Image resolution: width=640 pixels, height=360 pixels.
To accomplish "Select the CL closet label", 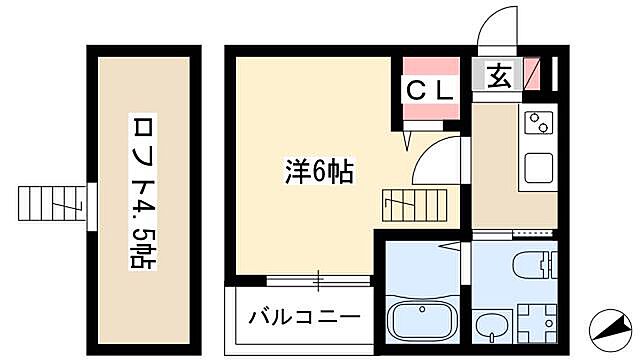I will point(430,88).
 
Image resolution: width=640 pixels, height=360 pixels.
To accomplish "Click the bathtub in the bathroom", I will point(419,320).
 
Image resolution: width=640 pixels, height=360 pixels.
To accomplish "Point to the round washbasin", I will point(491,325).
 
